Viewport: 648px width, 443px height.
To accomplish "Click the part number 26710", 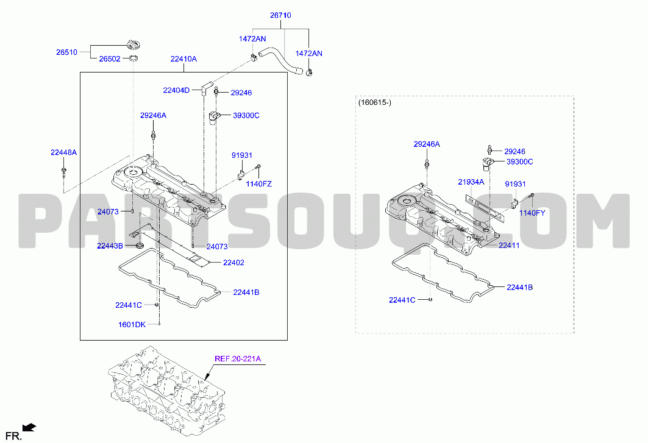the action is [280, 15].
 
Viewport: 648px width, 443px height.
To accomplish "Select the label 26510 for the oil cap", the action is [66, 52].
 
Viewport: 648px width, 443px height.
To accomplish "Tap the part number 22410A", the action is [183, 59].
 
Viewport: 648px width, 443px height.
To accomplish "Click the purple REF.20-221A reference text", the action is [238, 359].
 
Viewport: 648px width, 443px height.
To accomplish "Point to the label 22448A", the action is [63, 152].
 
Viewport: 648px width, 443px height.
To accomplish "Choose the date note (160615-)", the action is [374, 102].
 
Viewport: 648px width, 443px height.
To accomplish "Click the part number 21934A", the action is [471, 182].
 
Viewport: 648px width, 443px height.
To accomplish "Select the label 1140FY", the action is [532, 213].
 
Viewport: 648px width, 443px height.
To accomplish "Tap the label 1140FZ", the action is [258, 184].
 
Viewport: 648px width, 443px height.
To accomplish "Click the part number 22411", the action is [509, 246].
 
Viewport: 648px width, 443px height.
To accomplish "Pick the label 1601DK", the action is [132, 325].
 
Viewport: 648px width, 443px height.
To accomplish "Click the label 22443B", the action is [110, 246].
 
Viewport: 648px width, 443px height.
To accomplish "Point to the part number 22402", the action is [233, 263].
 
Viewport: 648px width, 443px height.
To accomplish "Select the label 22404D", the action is [176, 91].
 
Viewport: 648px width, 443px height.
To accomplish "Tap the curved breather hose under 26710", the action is [281, 60].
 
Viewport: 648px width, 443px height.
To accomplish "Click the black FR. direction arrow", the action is [29, 428].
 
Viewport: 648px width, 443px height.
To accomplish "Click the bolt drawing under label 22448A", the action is [63, 172].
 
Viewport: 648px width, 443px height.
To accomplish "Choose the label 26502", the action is [110, 59].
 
